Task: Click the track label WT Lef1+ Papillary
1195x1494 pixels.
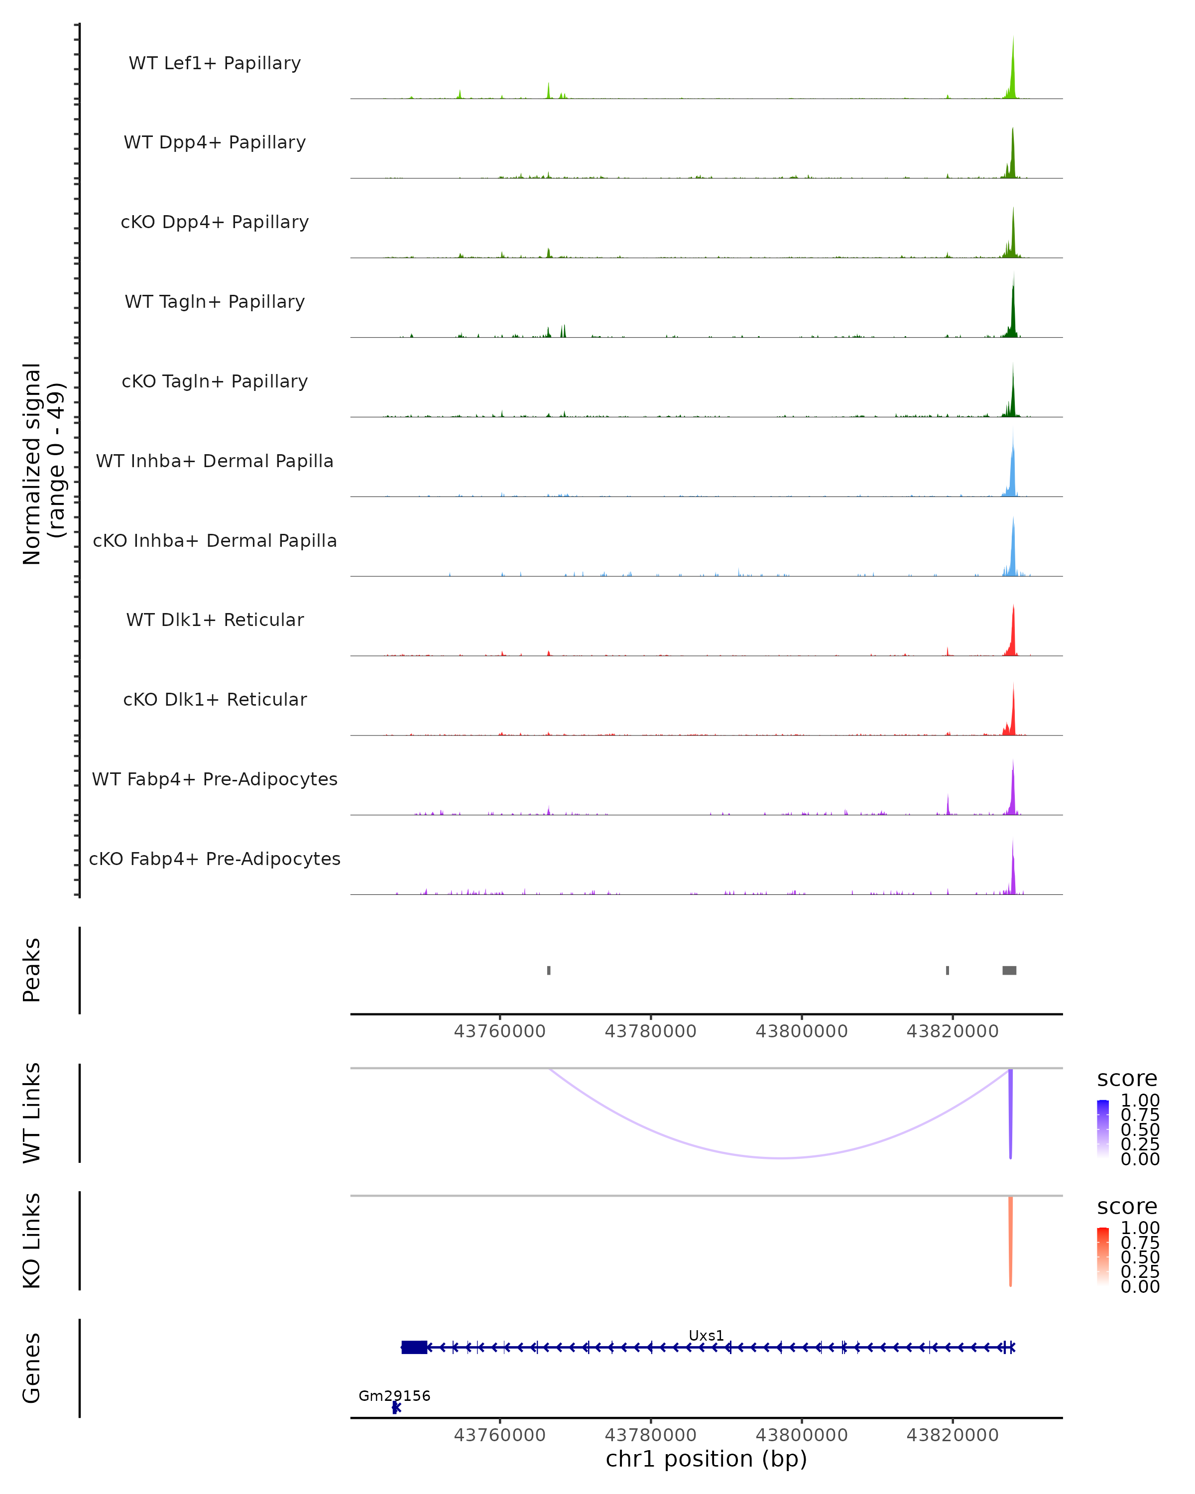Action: [x=215, y=63]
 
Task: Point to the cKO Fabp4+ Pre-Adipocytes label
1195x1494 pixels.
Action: [x=215, y=859]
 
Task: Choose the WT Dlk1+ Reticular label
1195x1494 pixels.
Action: [x=215, y=620]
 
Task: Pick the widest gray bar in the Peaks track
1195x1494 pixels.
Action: [x=1009, y=970]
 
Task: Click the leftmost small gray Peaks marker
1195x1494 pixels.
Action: [x=549, y=970]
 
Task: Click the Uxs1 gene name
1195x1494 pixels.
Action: [x=706, y=1335]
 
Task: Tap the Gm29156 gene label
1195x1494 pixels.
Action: [x=394, y=1395]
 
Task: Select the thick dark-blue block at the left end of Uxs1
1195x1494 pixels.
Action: [x=414, y=1347]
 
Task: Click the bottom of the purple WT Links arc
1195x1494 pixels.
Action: [x=781, y=1157]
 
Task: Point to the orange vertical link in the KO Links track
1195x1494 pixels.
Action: [x=1011, y=1241]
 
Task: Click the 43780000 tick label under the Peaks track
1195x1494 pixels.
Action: [x=650, y=1031]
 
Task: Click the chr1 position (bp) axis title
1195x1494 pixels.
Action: [x=706, y=1459]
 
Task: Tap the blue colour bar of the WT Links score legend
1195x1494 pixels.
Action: [x=1103, y=1128]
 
